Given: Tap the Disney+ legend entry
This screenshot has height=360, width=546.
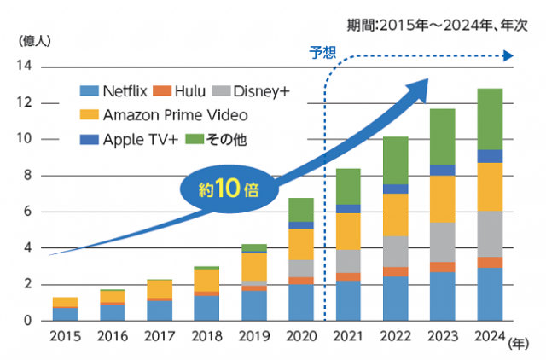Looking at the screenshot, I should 261,90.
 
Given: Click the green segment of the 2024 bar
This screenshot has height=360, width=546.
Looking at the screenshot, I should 489,119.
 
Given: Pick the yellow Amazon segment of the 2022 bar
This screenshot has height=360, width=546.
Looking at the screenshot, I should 395,215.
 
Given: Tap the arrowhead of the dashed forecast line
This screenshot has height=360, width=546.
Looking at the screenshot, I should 508,56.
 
